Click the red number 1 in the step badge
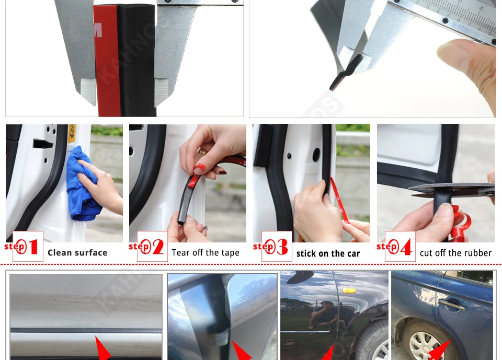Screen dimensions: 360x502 33,247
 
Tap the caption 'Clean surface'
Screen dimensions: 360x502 77,253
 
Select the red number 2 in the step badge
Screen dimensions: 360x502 157,247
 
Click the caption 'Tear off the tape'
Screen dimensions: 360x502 205,253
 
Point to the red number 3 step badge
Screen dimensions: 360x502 282,247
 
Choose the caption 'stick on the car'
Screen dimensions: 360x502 328,254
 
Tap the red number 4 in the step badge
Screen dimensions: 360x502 405,247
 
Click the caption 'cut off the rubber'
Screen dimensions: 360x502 455,253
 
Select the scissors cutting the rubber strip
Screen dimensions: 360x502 450,189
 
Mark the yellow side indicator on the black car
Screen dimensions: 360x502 349,289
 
